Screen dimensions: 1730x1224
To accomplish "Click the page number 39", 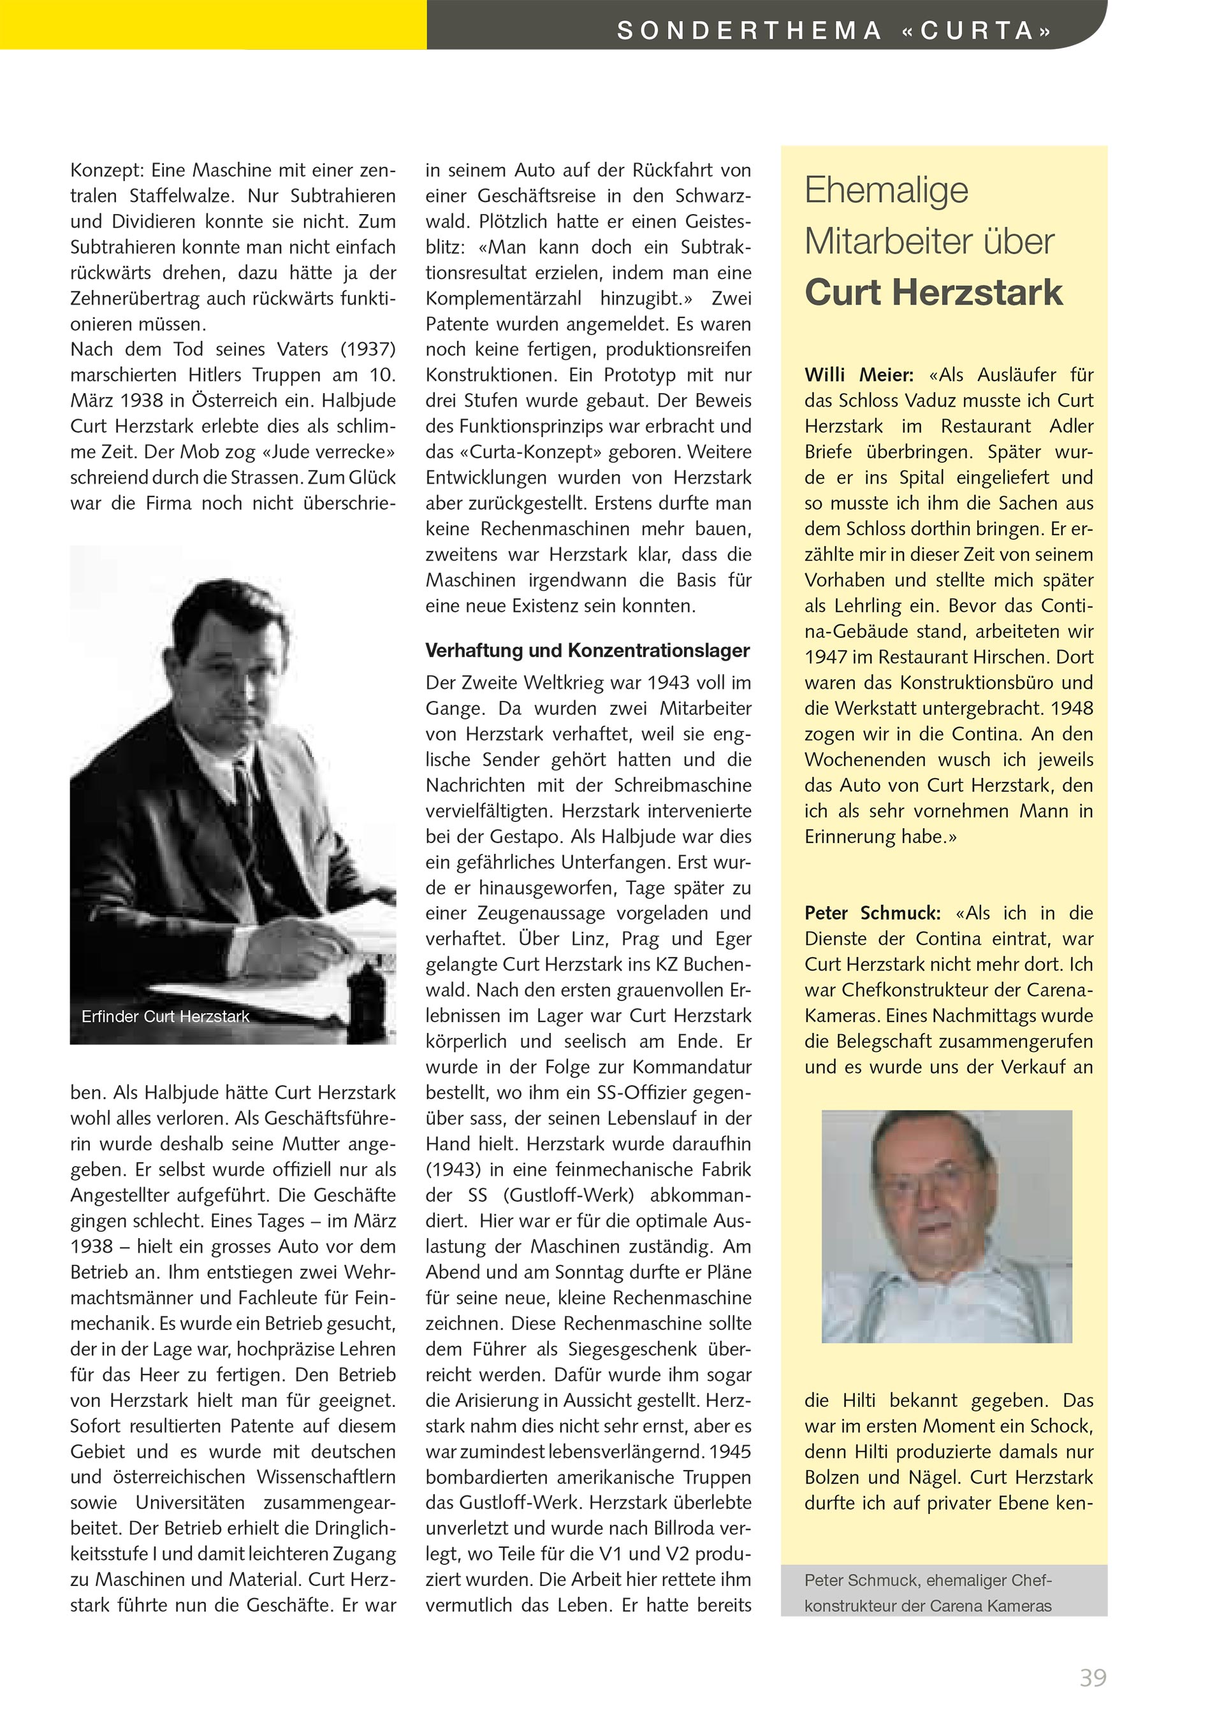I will point(1093,1677).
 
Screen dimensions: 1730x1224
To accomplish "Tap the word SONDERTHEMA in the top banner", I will point(749,30).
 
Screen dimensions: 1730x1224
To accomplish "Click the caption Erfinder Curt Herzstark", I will point(165,1016).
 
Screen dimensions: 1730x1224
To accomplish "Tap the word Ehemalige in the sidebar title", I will point(885,190).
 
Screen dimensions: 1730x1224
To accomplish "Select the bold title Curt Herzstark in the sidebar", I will point(933,292).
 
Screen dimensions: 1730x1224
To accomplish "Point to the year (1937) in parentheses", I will point(368,350).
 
